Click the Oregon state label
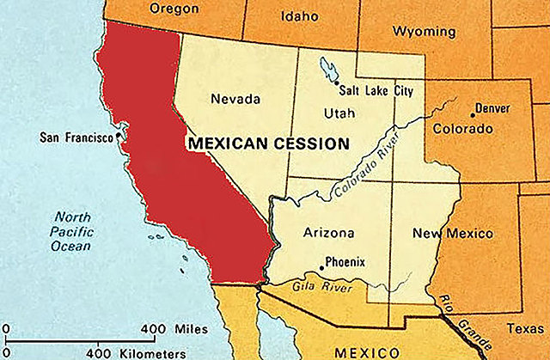[174, 9]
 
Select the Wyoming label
[424, 32]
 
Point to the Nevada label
[235, 99]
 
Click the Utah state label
[339, 113]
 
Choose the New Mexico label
[453, 233]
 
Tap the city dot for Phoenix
[321, 267]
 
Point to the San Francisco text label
[77, 137]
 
